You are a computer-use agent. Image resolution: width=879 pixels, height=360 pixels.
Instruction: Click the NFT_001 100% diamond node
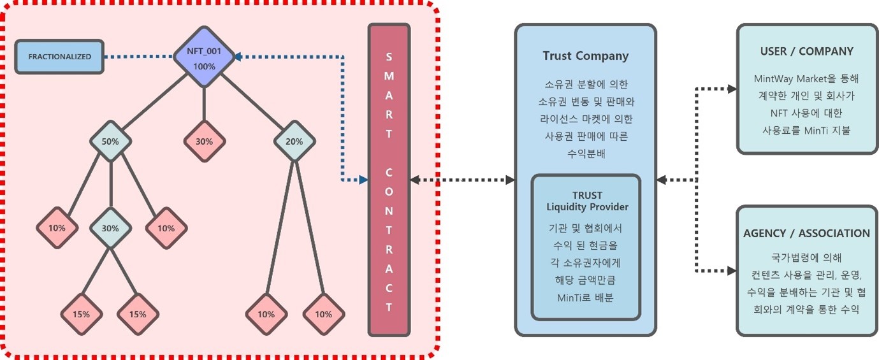pyautogui.click(x=204, y=57)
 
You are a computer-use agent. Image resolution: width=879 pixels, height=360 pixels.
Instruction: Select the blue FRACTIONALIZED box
pyautogui.click(x=59, y=57)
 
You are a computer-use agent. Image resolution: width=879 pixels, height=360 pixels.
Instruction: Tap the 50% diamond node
pyautogui.click(x=111, y=141)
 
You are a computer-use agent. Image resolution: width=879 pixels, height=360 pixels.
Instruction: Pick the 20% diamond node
pyautogui.click(x=294, y=141)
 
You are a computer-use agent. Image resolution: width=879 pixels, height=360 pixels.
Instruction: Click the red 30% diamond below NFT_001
pyautogui.click(x=204, y=141)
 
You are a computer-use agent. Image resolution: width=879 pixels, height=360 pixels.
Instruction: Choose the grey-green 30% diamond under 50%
pyautogui.click(x=111, y=228)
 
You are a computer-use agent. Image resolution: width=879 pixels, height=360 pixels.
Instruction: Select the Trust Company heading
pyautogui.click(x=585, y=56)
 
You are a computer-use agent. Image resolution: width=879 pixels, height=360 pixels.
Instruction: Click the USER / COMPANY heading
pyautogui.click(x=806, y=52)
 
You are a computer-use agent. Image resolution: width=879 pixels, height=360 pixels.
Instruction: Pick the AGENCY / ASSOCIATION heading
pyautogui.click(x=806, y=233)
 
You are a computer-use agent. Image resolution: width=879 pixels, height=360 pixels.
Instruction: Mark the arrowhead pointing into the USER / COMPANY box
pyautogui.click(x=731, y=89)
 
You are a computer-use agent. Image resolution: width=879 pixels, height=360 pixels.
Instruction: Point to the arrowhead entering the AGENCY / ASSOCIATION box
pyautogui.click(x=731, y=271)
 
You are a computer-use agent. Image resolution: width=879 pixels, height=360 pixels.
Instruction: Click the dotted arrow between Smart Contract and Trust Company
pyautogui.click(x=462, y=180)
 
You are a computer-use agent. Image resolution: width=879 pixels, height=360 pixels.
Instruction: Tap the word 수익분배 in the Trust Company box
pyautogui.click(x=585, y=153)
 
